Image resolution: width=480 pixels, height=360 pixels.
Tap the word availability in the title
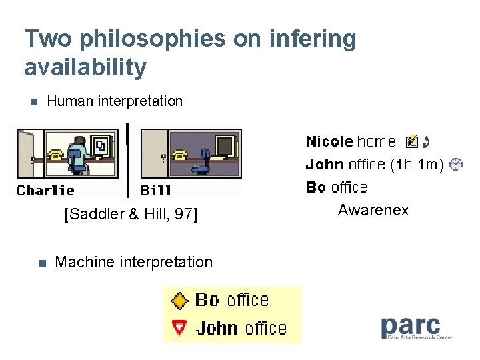[x=85, y=67]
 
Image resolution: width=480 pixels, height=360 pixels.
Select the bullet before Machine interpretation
[x=41, y=263]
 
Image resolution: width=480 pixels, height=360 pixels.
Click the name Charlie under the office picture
[x=45, y=190]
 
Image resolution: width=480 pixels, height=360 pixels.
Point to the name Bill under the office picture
[x=155, y=190]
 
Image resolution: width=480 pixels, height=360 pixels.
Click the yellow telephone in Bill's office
[x=179, y=155]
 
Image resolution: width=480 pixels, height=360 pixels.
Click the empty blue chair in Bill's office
[x=206, y=161]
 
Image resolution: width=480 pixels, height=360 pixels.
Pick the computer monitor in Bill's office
[x=224, y=145]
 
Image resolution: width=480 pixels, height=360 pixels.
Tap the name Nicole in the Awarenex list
[x=329, y=141]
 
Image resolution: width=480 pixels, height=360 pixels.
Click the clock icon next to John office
[x=456, y=164]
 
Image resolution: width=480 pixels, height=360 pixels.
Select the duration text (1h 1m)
[x=417, y=164]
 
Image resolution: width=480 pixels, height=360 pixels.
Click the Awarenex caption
[x=373, y=211]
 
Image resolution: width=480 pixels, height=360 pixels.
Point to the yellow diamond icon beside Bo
[x=179, y=301]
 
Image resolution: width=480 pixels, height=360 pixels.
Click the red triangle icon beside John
[x=179, y=328]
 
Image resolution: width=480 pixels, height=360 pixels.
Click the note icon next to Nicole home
[x=412, y=141]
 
